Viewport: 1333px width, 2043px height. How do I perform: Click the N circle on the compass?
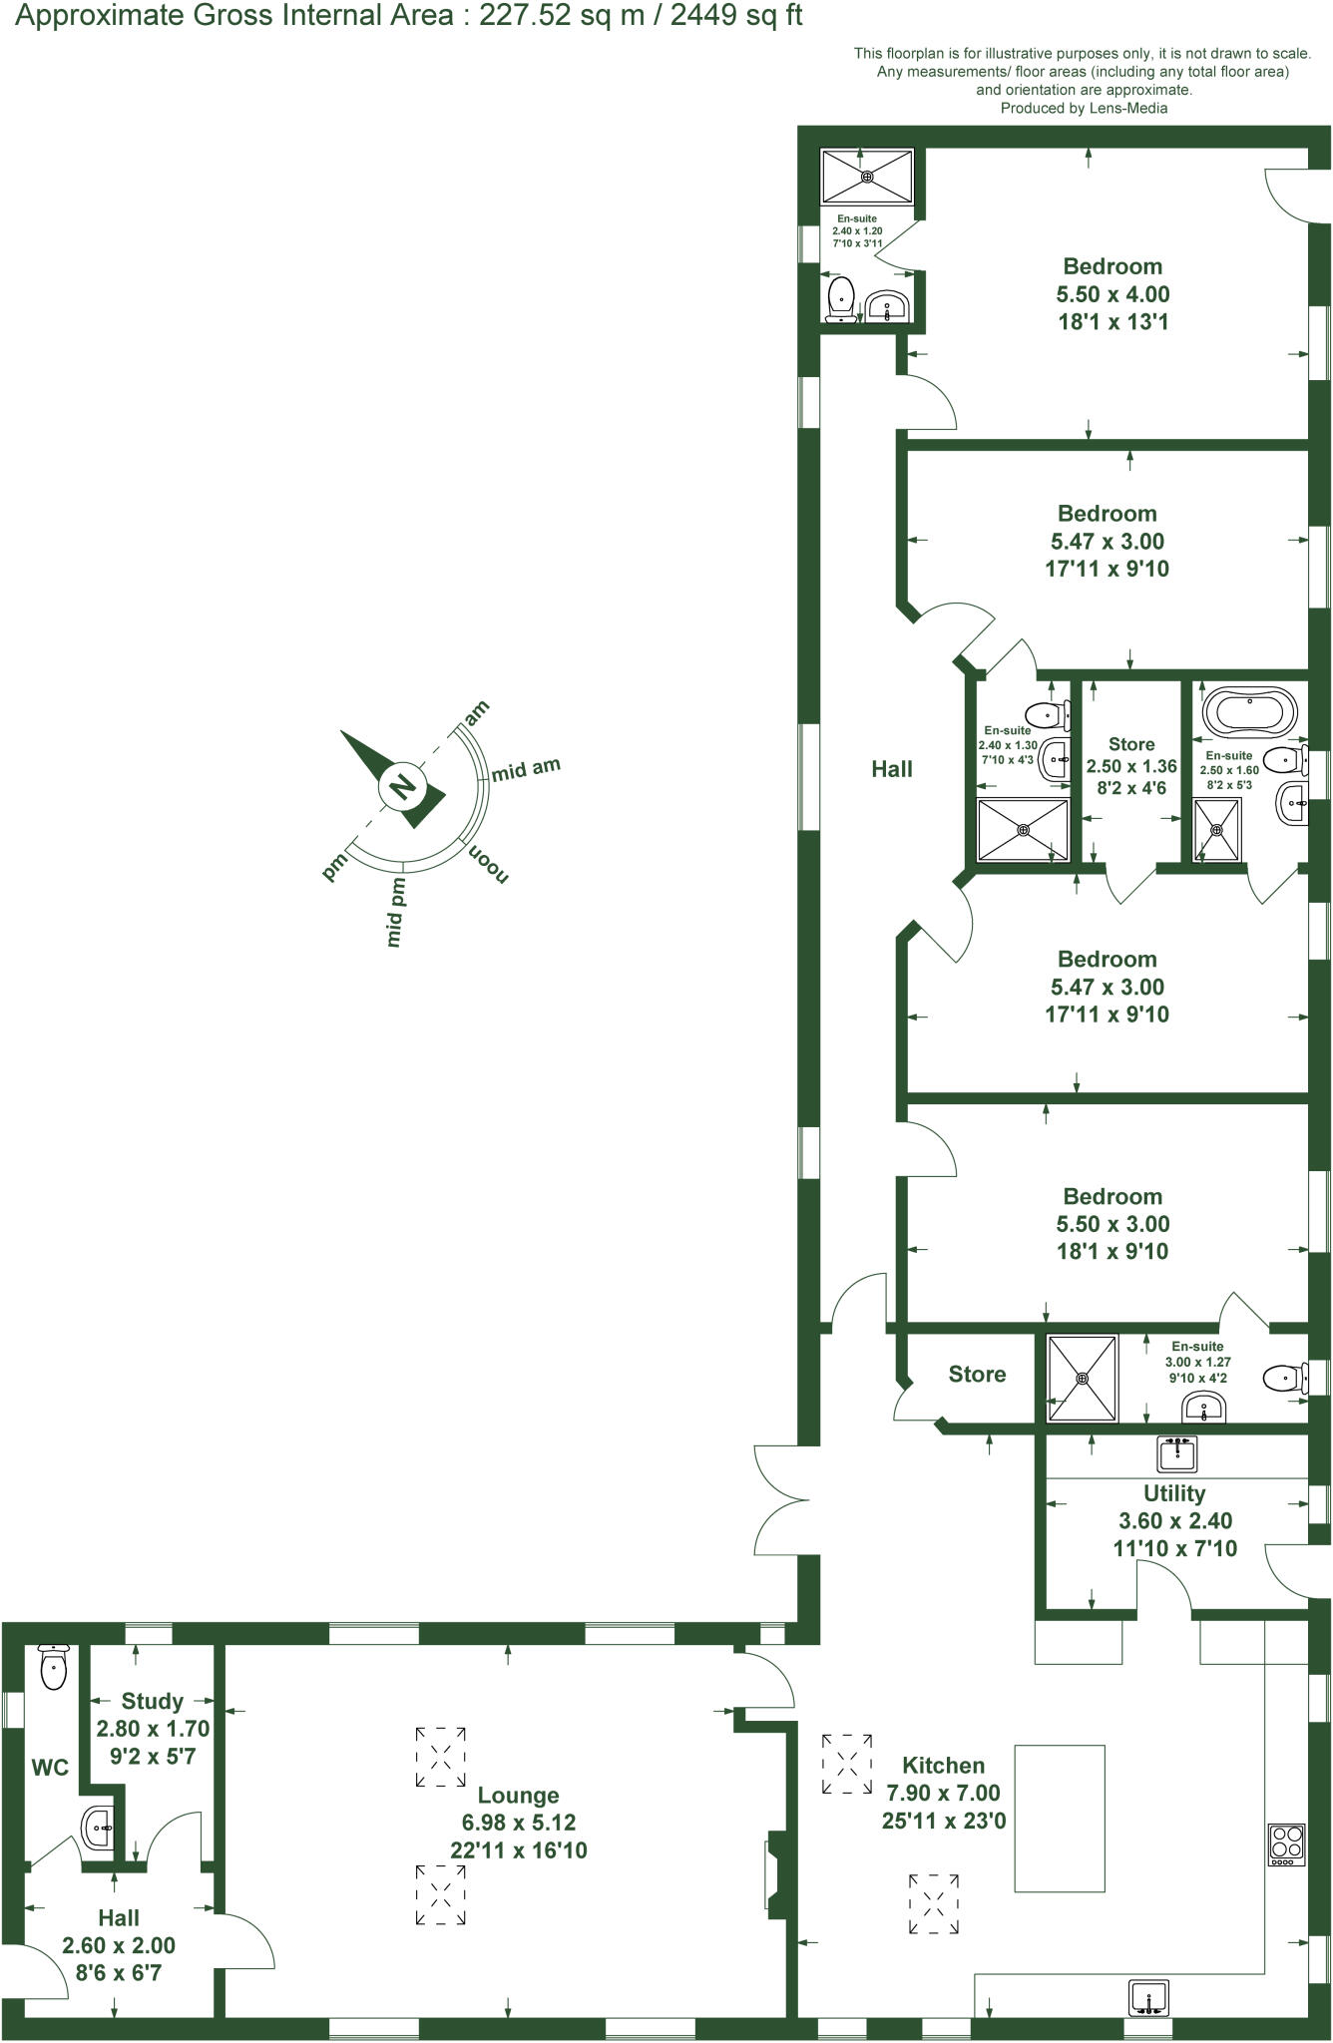402,787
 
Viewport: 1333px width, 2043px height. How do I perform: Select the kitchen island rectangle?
1059,1818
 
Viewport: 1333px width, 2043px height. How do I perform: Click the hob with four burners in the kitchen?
1285,1844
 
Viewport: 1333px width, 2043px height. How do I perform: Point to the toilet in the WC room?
52,1666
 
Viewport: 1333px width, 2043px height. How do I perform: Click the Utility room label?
1174,1493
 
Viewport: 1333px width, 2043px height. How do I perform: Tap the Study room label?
152,1701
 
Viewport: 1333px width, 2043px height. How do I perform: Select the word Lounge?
518,1796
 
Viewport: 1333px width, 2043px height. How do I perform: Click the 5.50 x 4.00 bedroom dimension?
1112,294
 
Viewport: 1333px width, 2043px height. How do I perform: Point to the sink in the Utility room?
1177,1453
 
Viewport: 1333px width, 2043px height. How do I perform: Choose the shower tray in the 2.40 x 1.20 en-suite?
866,177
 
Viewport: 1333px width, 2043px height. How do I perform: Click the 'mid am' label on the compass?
526,769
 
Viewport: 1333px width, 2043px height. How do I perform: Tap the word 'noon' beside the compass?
489,863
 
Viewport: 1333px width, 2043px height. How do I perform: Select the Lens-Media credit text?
1084,108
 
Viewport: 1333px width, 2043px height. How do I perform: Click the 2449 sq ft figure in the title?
735,17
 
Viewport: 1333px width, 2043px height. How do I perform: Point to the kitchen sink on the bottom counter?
1148,1998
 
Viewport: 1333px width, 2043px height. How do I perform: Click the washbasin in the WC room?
98,1828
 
